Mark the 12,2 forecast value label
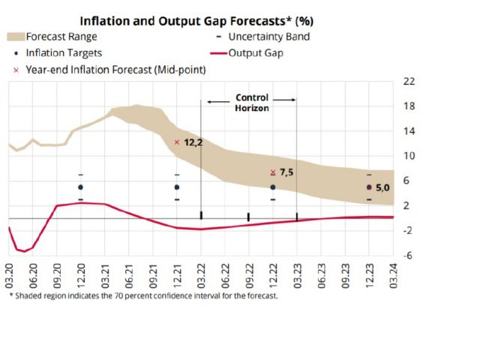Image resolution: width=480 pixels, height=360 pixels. click(x=193, y=142)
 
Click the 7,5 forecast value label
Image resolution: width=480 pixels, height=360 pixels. click(x=288, y=172)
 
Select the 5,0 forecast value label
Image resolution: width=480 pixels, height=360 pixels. click(x=383, y=187)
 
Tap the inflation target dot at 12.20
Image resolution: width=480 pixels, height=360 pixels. click(x=80, y=187)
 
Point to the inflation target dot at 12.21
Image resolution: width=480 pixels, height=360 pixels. click(x=177, y=187)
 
